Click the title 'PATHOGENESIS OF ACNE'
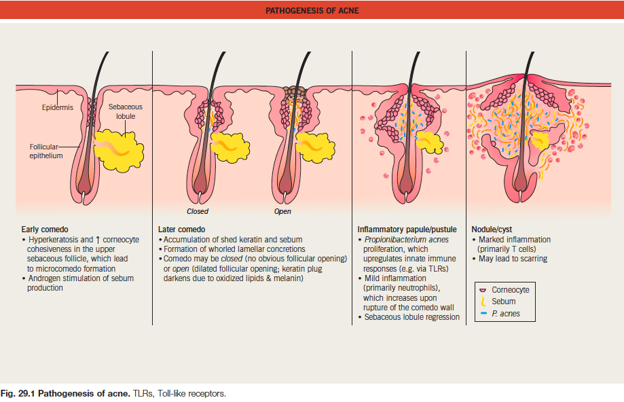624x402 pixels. pos(312,10)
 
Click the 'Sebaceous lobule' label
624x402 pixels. pos(126,111)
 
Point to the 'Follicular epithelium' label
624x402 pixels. pos(46,151)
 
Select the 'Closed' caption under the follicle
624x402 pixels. pos(198,212)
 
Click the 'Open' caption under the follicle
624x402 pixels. pos(282,212)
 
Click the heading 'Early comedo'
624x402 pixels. pos(45,230)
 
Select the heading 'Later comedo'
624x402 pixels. pos(181,230)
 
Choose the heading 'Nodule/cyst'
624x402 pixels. pos(492,230)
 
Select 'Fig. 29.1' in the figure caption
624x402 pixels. pos(18,394)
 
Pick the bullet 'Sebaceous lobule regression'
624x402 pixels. pos(412,317)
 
